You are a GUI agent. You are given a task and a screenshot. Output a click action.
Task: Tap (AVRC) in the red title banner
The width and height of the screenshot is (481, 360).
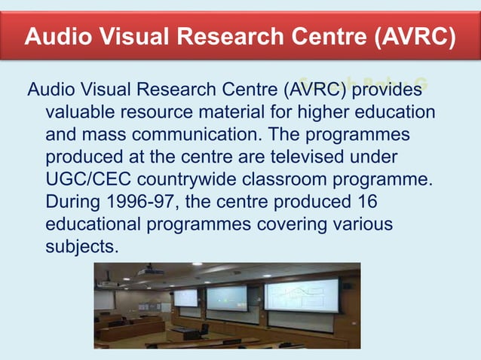412,35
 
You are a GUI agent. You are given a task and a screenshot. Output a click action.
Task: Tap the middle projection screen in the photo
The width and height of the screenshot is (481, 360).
226,297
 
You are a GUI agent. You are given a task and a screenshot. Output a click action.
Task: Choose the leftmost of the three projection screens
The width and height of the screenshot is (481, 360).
185,297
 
